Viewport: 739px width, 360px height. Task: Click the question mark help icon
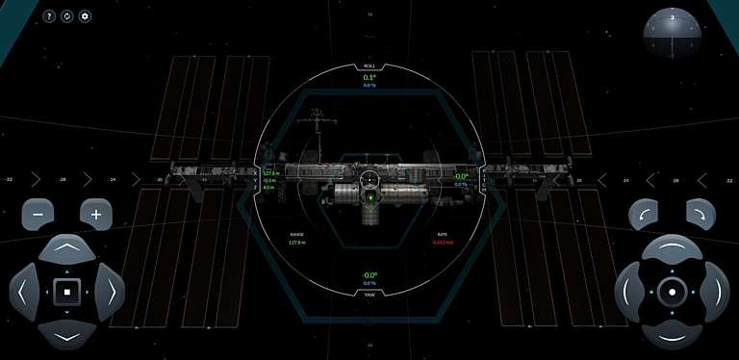pos(49,16)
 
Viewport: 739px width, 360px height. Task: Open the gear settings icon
pos(85,16)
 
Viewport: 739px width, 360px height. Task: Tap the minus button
pos(38,214)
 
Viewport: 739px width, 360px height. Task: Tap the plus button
pos(95,214)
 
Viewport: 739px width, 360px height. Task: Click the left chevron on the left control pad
pos(23,290)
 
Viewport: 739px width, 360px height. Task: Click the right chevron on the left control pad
pos(110,290)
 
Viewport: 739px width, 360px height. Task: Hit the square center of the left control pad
pos(66,290)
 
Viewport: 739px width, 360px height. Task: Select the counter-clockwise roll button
pos(644,214)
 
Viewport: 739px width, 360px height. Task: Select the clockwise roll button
pos(701,214)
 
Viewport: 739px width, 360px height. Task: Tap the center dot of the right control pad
pos(672,290)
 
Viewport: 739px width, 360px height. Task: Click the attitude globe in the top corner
pos(672,34)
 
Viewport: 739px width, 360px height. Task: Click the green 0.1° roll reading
pos(369,77)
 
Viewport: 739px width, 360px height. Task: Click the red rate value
pos(442,243)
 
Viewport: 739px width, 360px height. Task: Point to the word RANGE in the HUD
pos(296,234)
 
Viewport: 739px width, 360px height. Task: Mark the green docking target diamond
pos(369,200)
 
